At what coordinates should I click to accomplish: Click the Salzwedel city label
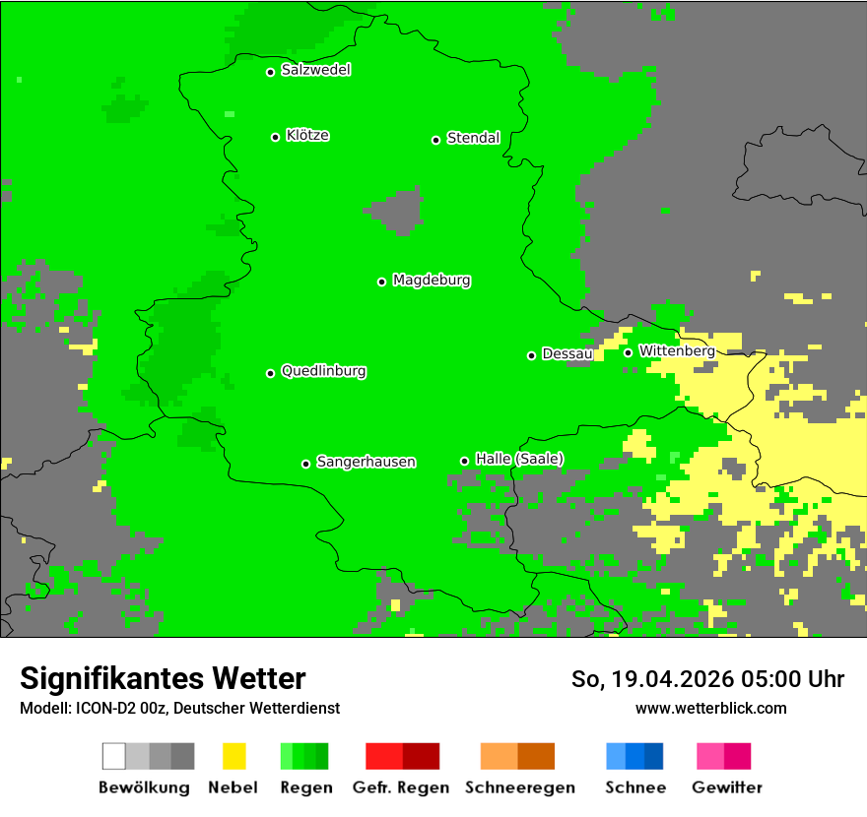[315, 70]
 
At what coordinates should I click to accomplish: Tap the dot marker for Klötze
[275, 137]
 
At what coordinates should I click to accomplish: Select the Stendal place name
[473, 138]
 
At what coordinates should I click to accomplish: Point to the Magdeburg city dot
[381, 282]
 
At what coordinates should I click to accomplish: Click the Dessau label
[567, 353]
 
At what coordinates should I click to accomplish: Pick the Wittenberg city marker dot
[628, 352]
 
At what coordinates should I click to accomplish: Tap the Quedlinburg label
[323, 371]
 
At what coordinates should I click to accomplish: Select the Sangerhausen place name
[366, 462]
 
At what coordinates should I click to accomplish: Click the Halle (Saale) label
[519, 459]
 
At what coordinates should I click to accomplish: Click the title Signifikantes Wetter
[163, 678]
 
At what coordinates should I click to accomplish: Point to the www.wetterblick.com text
[710, 708]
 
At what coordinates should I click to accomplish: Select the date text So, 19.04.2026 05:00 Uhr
[707, 679]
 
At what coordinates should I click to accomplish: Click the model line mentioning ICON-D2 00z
[179, 708]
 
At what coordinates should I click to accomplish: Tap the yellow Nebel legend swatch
[233, 756]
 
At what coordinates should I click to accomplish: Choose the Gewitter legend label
[726, 787]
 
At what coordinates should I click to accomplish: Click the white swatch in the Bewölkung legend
[114, 756]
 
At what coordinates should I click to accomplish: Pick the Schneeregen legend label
[519, 787]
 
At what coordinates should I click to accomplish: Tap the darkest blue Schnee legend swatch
[653, 756]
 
